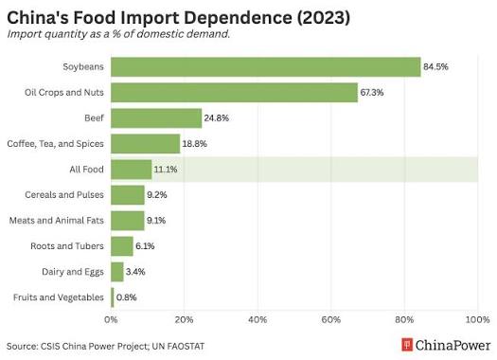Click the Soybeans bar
pos(266,67)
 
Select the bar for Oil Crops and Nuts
pos(234,93)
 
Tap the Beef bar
pos(156,118)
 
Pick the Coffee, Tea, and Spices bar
pos(146,144)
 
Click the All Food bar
pos(132,170)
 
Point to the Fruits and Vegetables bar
pos(113,297)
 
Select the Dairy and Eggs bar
pos(117,272)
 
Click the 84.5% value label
pos(435,67)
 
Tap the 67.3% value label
pos(372,93)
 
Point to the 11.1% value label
pos(166,170)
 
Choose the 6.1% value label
pos(145,246)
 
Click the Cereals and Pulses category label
pos(64,195)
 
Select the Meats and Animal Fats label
pos(57,221)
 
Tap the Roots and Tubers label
pos(67,246)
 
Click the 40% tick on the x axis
pos(257,319)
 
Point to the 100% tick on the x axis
pos(477,319)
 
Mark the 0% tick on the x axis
pos(111,319)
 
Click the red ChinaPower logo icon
pos(407,345)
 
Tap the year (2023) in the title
pos(324,18)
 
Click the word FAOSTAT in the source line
pos(185,347)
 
